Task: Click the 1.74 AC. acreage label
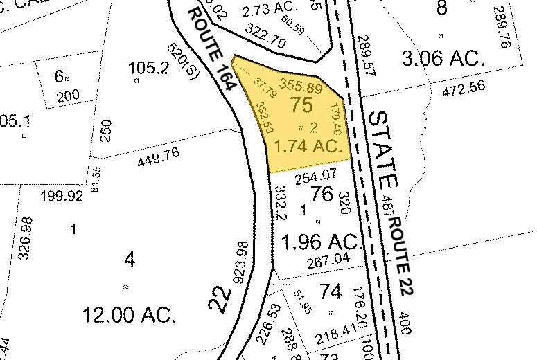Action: tap(310, 146)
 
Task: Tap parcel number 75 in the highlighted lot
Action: tap(301, 106)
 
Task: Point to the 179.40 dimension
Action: tap(336, 120)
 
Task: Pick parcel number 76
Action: tap(322, 195)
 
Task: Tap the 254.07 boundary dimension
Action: tap(315, 178)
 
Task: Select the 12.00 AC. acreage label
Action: tap(130, 316)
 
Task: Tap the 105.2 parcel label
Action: tap(148, 67)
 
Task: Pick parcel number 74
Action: tap(331, 292)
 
